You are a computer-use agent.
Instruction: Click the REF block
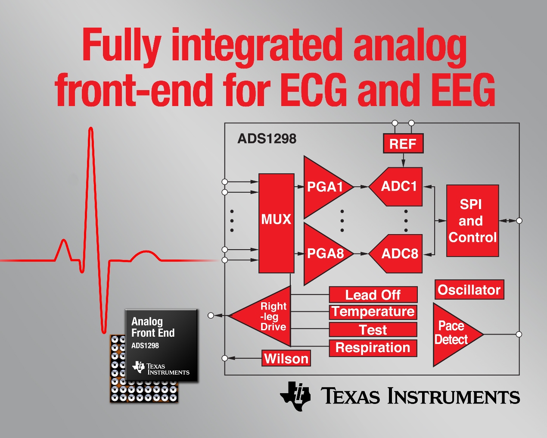pos(403,144)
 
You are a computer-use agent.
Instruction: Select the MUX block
pos(276,223)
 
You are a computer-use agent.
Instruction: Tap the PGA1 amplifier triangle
pos(325,187)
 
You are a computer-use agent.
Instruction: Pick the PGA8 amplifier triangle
pos(325,254)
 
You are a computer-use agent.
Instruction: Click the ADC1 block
pos(397,187)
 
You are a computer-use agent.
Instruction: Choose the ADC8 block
pos(397,253)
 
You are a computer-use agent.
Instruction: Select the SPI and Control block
pos(472,220)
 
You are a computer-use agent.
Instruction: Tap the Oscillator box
pos(469,290)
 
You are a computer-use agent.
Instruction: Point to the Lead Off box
pos(373,295)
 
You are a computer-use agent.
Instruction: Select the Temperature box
pos(373,312)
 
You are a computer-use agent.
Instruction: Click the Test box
pos(373,330)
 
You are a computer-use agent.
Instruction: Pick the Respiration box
pos(373,348)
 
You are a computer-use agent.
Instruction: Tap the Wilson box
pos(286,358)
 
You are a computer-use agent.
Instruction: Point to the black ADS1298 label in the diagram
pos(267,139)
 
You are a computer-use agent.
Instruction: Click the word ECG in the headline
pos(314,90)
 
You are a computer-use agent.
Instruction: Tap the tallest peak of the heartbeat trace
pos(91,128)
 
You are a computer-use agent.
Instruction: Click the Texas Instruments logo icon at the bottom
pos(295,396)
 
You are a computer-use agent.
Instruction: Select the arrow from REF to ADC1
pos(404,160)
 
